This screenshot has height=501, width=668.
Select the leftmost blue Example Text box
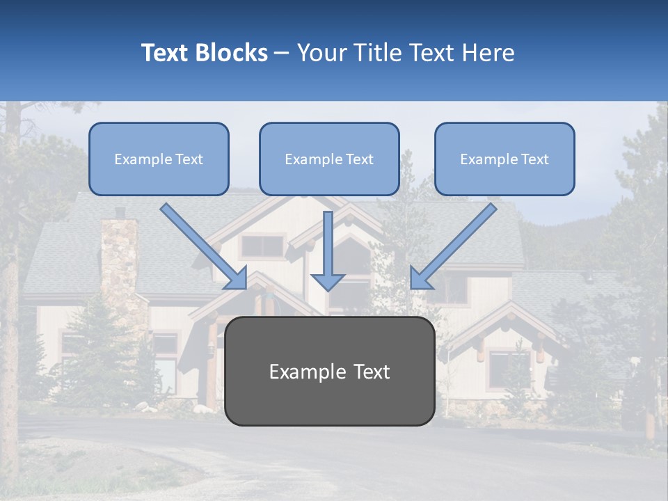159,159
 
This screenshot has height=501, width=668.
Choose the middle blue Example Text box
329,159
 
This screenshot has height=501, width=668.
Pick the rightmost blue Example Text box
504,159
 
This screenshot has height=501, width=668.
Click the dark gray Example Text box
329,371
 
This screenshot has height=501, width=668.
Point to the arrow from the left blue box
203,246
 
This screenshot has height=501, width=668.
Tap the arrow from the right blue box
454,246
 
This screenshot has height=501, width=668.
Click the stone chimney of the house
119,264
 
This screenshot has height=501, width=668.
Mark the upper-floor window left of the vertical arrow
262,246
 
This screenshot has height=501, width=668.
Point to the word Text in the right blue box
535,159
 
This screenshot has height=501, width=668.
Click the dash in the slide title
282,54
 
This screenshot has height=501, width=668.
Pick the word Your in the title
318,53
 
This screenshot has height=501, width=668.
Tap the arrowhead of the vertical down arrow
328,281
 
